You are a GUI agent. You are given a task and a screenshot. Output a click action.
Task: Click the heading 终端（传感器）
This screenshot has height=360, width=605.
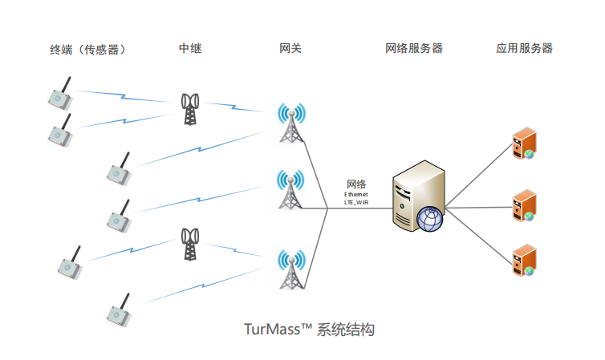point(88,50)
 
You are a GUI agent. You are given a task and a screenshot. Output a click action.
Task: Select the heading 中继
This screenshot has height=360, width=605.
point(190,49)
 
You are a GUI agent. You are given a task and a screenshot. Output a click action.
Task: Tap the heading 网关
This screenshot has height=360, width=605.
point(290,49)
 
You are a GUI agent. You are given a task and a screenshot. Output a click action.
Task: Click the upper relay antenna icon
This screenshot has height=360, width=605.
point(189,109)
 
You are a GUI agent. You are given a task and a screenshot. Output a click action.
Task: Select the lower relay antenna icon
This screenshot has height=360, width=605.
point(189,244)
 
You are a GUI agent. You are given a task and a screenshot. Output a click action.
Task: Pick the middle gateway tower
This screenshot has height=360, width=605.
point(290,189)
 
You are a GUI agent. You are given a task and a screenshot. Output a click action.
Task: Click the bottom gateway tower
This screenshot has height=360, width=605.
point(290,269)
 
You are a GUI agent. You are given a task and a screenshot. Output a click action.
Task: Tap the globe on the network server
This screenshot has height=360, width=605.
point(430,218)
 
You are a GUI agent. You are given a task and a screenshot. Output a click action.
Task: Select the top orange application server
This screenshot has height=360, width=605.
point(523,144)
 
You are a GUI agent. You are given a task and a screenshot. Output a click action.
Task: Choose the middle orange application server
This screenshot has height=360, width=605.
point(523,204)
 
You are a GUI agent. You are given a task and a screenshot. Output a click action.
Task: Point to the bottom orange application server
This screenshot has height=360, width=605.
point(523,261)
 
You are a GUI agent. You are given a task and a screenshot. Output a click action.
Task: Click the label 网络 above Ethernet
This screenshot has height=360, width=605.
point(356,184)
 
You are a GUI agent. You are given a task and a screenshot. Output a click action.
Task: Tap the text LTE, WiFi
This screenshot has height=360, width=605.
point(356,203)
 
